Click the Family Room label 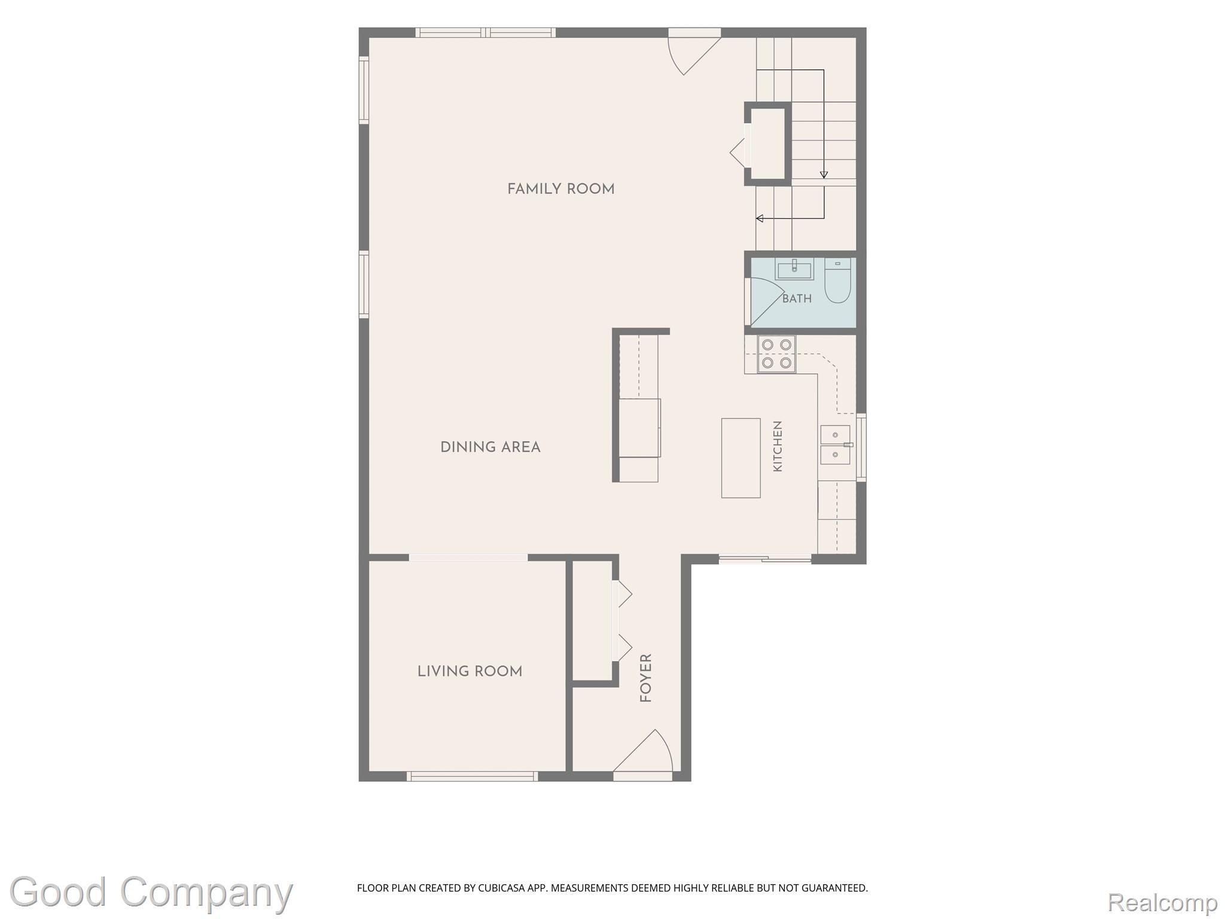pyautogui.click(x=560, y=189)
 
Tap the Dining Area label pyautogui.click(x=490, y=447)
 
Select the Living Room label pyautogui.click(x=470, y=671)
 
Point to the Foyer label pyautogui.click(x=645, y=678)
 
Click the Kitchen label pyautogui.click(x=778, y=446)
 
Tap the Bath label pyautogui.click(x=797, y=299)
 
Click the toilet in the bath pyautogui.click(x=837, y=280)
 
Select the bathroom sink pyautogui.click(x=794, y=269)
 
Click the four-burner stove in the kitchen pyautogui.click(x=776, y=354)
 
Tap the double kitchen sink pyautogui.click(x=835, y=445)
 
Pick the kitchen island pyautogui.click(x=741, y=458)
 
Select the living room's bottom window pyautogui.click(x=472, y=776)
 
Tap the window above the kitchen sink pyautogui.click(x=861, y=447)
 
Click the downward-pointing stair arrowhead pyautogui.click(x=824, y=175)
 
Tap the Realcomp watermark pyautogui.click(x=1162, y=903)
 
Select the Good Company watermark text pyautogui.click(x=151, y=894)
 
